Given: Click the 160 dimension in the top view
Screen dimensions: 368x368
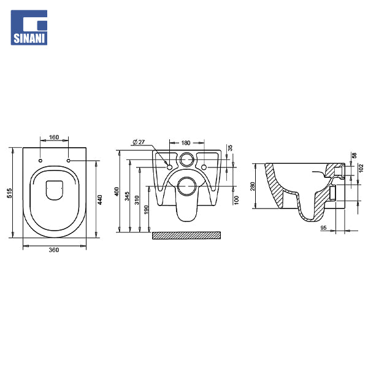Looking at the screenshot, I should click(x=55, y=137).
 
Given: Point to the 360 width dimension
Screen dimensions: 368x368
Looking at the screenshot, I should click(x=55, y=250).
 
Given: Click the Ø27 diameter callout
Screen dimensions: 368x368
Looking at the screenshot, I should click(x=139, y=142).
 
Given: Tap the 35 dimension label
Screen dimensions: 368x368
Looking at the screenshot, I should click(x=231, y=148).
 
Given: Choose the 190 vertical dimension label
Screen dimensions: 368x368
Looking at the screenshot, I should click(x=145, y=210).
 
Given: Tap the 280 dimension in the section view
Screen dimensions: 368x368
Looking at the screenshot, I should click(x=253, y=186).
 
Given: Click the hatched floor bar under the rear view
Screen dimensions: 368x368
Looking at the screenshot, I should click(x=186, y=235).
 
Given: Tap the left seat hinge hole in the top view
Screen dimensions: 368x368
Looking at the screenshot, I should click(x=40, y=161).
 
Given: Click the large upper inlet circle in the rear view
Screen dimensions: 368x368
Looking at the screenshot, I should click(x=186, y=161).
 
